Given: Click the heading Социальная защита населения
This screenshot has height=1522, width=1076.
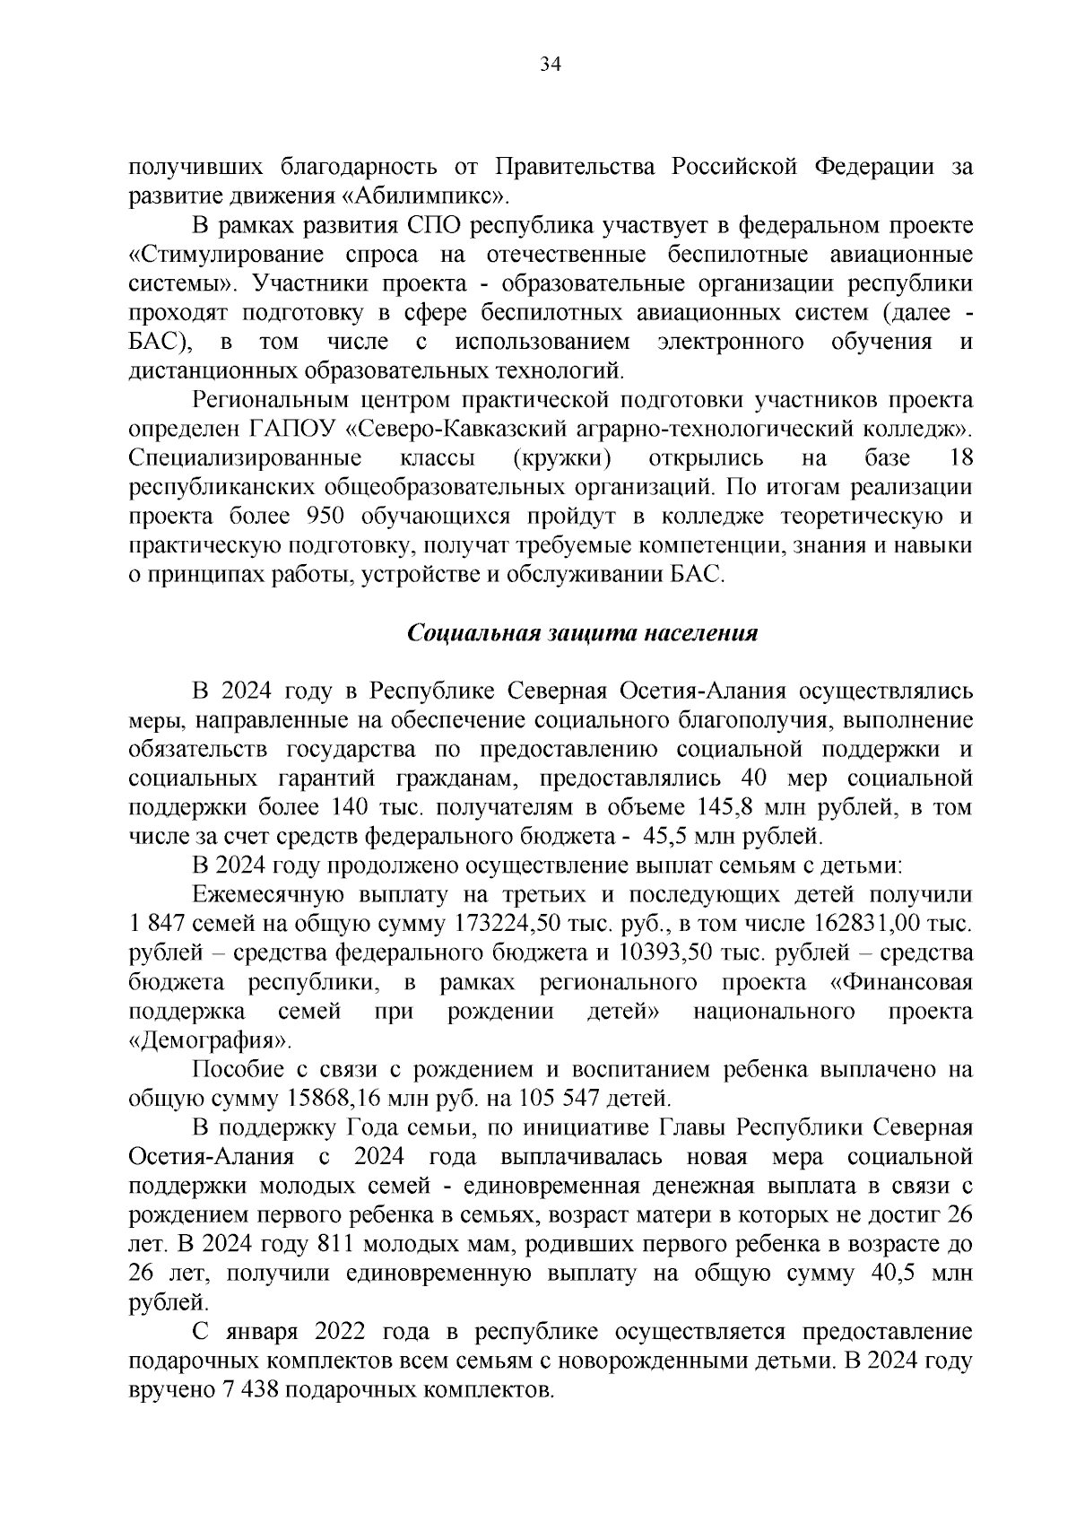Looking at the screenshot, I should tap(582, 633).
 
